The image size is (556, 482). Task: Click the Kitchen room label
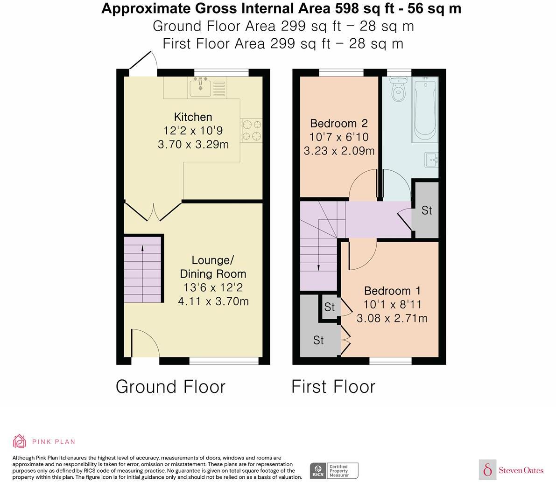point(193,117)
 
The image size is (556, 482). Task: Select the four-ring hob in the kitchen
point(252,130)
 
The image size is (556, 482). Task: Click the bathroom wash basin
point(431,160)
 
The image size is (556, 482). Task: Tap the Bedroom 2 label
point(339,123)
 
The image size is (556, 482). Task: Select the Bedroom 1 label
point(392,291)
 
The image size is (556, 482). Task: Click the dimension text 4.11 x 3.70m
point(213,301)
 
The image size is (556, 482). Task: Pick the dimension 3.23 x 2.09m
point(339,151)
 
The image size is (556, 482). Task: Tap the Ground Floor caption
point(170,387)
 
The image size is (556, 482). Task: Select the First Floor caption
point(333,387)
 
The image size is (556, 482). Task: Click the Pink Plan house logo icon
point(20,441)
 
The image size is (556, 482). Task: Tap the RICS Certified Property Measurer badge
point(334,471)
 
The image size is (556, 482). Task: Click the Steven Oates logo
point(511,470)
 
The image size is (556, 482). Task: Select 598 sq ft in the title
point(364,8)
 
